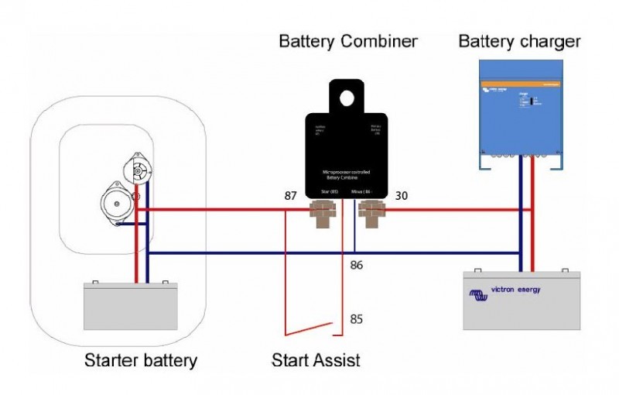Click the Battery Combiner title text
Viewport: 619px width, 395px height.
click(x=348, y=41)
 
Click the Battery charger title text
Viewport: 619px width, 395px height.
click(x=519, y=40)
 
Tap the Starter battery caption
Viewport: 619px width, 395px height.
click(x=141, y=360)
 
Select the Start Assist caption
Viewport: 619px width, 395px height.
click(x=316, y=360)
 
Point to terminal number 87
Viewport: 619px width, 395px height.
click(x=290, y=197)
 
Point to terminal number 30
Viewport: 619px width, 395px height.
click(x=401, y=197)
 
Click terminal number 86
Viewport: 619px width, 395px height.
click(x=356, y=265)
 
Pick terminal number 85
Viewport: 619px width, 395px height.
click(x=356, y=318)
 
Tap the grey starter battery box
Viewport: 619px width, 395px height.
click(x=131, y=307)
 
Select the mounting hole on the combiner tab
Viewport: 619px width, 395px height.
click(x=347, y=98)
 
